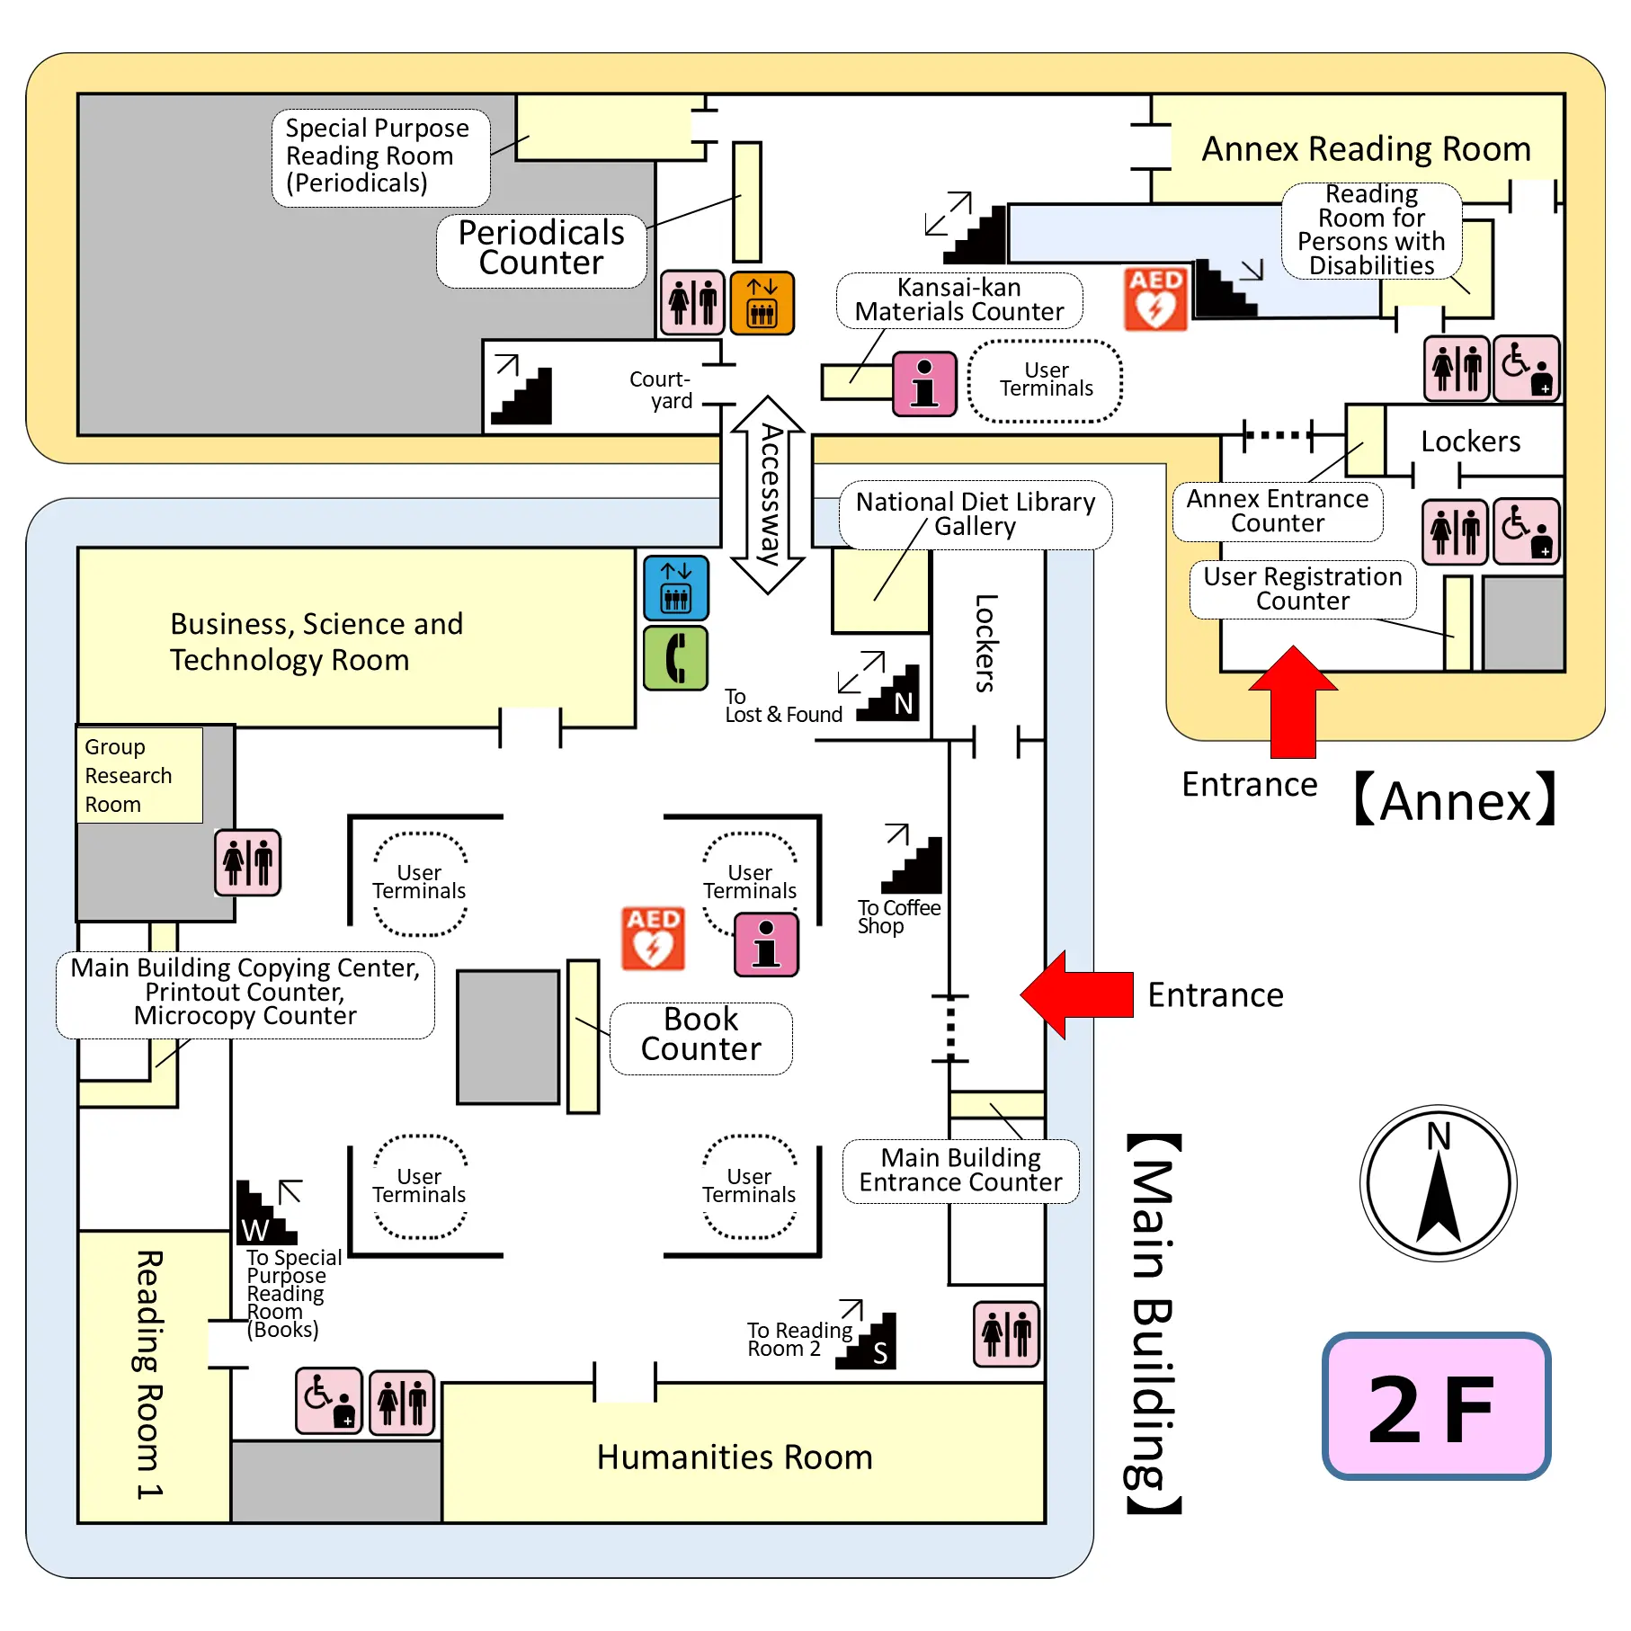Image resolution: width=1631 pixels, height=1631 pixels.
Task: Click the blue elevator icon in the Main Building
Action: pyautogui.click(x=676, y=588)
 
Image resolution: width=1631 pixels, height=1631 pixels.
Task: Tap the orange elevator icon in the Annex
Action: pyautogui.click(x=762, y=303)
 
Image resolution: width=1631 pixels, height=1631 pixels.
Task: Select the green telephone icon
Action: pyautogui.click(x=676, y=658)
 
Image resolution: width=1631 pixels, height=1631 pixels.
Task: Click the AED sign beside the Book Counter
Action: pyautogui.click(x=654, y=938)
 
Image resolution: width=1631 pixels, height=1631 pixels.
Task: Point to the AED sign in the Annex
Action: pyautogui.click(x=1156, y=299)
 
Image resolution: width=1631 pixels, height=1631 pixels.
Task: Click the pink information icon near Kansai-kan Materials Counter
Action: pyautogui.click(x=924, y=384)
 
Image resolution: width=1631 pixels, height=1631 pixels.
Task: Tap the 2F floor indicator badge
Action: pyautogui.click(x=1436, y=1406)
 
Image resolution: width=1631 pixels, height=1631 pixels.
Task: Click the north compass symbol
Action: pyautogui.click(x=1439, y=1182)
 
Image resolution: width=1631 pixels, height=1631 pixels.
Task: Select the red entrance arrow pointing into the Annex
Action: pyautogui.click(x=1293, y=701)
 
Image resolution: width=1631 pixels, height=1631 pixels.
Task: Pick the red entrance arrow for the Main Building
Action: pyautogui.click(x=1076, y=994)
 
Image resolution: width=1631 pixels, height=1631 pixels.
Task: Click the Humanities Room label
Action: pyautogui.click(x=735, y=1457)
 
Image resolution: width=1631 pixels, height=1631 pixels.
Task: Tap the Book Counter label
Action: pyautogui.click(x=700, y=1034)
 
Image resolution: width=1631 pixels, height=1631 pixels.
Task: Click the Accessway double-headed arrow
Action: pyautogui.click(x=768, y=495)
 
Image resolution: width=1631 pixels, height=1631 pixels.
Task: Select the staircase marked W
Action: pyautogui.click(x=265, y=1214)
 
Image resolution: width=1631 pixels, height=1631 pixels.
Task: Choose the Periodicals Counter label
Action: pyautogui.click(x=541, y=248)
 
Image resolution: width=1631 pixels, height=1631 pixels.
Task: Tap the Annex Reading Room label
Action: pyautogui.click(x=1366, y=148)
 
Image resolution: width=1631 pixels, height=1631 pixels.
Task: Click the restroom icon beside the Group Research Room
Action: pyautogui.click(x=248, y=862)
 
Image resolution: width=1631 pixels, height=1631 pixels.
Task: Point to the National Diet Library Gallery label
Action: pyautogui.click(x=976, y=513)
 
